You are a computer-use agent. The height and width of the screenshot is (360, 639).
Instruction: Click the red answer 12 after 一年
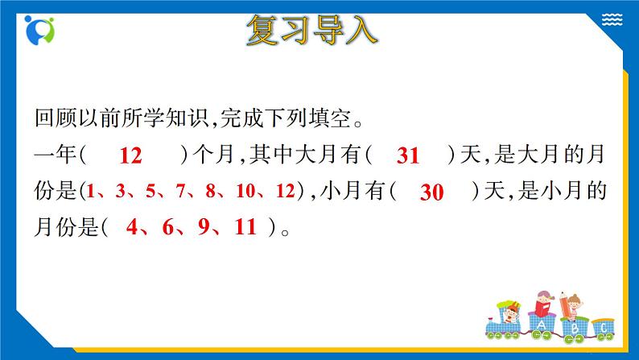pos(130,156)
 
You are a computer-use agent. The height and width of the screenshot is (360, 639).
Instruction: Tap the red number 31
pos(409,156)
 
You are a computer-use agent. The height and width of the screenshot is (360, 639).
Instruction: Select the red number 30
pos(432,192)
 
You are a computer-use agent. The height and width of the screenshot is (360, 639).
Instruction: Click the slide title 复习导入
pos(311,31)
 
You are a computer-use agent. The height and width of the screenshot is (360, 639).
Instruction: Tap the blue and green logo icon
pos(39,31)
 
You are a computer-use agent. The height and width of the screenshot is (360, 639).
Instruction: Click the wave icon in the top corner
pos(612,19)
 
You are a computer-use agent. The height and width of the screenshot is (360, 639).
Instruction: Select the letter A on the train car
pos(541,325)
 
